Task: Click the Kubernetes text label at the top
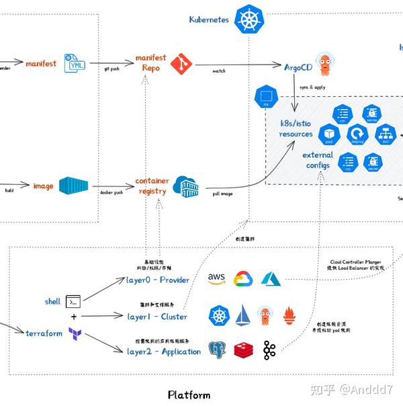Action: pos(209,19)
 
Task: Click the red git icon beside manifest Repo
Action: pos(181,64)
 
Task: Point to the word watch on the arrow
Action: pos(219,71)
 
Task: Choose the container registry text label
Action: pos(152,186)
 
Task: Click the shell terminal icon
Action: pos(73,302)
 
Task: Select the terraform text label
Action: pos(44,333)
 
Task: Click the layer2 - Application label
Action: pos(164,352)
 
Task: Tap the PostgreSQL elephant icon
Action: pos(216,350)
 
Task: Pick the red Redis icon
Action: pos(242,350)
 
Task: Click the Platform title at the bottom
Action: pos(189,395)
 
